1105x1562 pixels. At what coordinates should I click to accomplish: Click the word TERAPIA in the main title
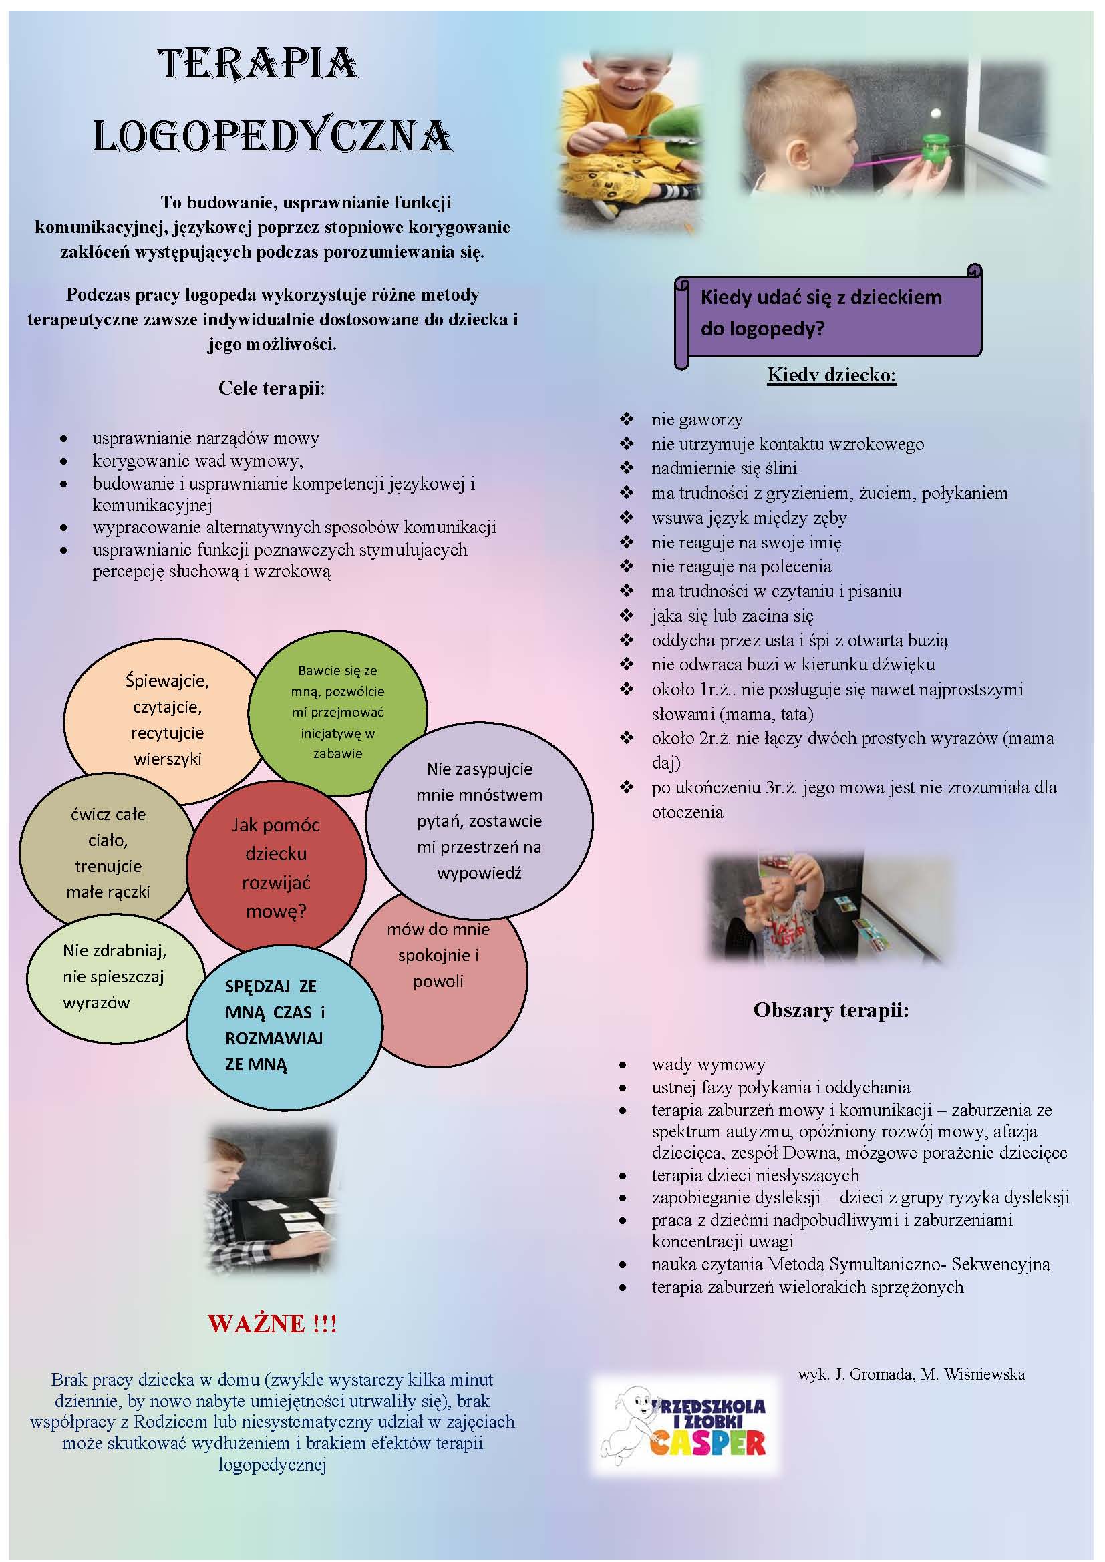point(259,65)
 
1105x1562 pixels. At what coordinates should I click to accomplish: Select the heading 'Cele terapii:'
point(271,389)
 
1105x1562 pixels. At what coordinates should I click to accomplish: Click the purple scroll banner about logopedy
point(828,316)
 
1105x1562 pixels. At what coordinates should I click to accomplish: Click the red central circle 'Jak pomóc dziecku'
point(277,868)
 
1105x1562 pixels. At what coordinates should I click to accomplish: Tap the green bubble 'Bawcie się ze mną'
point(337,713)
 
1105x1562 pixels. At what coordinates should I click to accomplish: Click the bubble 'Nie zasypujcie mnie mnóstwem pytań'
point(479,821)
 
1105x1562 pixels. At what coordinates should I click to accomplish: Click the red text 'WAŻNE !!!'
point(272,1322)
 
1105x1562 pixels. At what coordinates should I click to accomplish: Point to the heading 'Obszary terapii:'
point(831,1010)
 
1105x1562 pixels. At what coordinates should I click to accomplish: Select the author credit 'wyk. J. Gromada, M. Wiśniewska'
point(911,1374)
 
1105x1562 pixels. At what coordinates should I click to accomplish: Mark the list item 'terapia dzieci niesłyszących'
point(756,1175)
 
